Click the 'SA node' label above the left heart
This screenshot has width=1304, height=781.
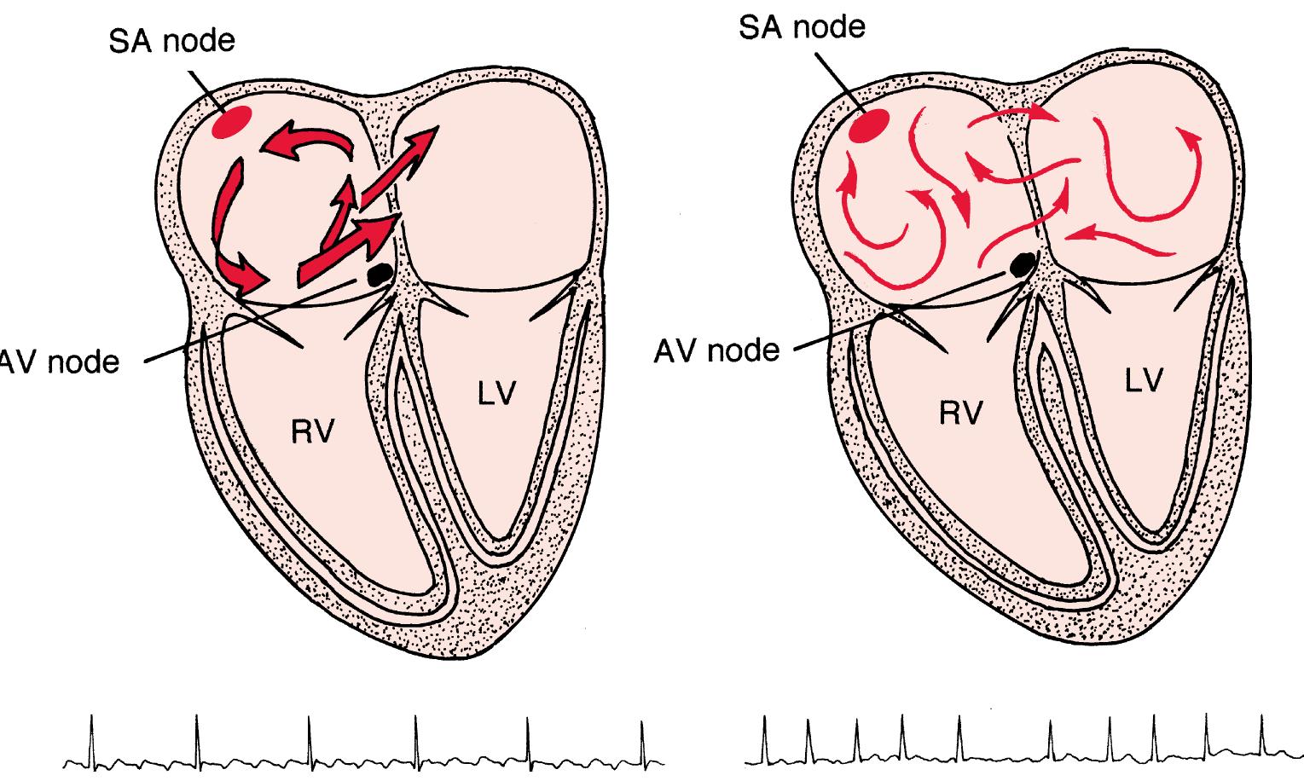click(x=171, y=40)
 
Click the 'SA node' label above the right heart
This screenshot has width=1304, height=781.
click(x=801, y=26)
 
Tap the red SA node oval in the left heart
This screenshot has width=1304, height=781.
click(x=232, y=123)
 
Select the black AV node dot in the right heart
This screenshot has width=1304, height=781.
click(x=1020, y=265)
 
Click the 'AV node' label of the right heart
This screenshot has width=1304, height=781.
click(x=716, y=350)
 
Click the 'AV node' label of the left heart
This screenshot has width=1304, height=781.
click(x=60, y=362)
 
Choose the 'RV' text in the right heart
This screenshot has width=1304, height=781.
click(x=960, y=414)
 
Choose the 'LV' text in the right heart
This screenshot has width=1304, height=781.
click(x=1143, y=381)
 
